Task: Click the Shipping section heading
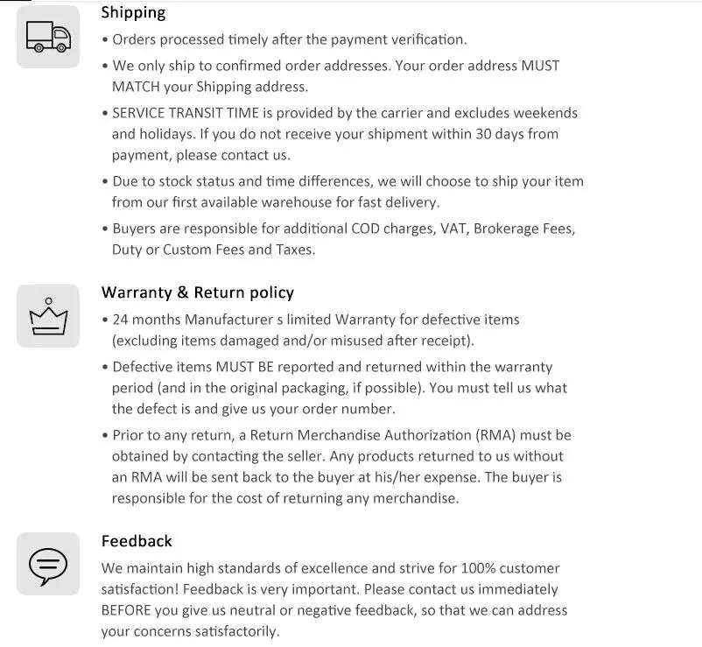[x=133, y=12]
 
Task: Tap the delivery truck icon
[x=48, y=36]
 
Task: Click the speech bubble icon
[x=48, y=564]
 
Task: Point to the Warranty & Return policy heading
[x=197, y=292]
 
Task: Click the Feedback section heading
[x=137, y=541]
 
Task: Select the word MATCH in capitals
[x=137, y=87]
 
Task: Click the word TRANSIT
[x=208, y=113]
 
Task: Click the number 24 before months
[x=122, y=320]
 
